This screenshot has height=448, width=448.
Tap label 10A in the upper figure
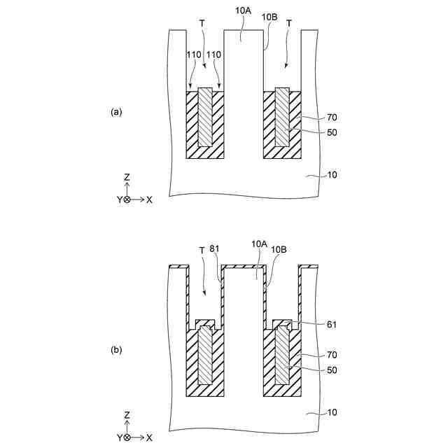point(239,12)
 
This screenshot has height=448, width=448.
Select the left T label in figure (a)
point(202,23)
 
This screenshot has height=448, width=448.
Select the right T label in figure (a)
point(289,23)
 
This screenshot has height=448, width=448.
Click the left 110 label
point(194,54)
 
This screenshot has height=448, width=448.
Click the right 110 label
point(215,54)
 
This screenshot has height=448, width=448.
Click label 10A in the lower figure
point(259,244)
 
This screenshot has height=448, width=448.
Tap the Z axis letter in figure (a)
point(127,178)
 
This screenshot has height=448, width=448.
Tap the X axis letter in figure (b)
point(150,437)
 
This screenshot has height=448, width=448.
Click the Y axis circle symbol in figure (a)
point(126,199)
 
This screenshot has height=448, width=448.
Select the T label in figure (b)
point(202,249)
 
